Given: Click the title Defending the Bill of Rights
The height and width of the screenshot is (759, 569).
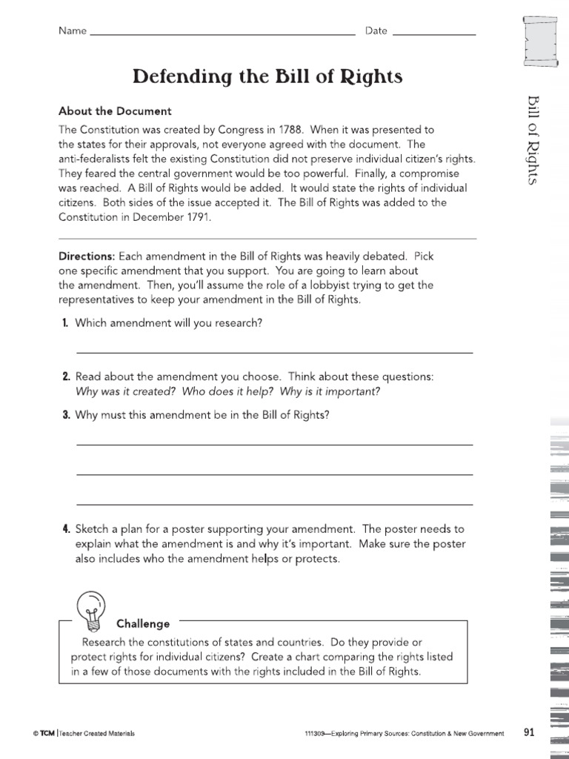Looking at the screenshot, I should (267, 76).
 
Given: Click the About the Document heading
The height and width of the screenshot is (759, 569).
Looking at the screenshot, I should (115, 111).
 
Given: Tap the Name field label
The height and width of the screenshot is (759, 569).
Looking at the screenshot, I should (73, 31).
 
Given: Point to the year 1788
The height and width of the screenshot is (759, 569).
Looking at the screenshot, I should (275, 130).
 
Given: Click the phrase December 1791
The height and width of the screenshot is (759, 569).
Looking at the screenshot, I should (176, 217).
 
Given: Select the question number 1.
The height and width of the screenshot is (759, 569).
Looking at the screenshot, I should (66, 323).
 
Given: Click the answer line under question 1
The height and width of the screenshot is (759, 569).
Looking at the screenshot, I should (274, 353).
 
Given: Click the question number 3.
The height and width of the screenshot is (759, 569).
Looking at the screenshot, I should (66, 415).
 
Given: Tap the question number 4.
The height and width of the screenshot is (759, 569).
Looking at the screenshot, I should (66, 529).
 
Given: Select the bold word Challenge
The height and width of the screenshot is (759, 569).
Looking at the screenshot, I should (143, 624).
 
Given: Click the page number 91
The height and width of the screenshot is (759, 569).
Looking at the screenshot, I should (529, 732).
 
